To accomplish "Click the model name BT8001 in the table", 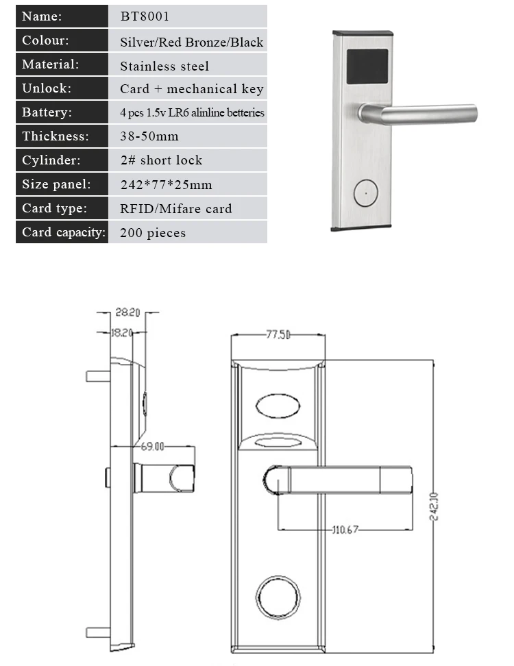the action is (x=145, y=16).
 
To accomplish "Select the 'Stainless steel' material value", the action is (x=164, y=66).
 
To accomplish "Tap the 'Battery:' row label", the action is (x=47, y=112).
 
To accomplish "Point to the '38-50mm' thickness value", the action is (x=149, y=136).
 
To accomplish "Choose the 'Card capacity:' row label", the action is (x=64, y=232).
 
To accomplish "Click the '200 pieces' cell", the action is (x=153, y=233).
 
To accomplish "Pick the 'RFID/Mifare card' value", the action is (x=176, y=208).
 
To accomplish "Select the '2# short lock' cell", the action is (x=162, y=160).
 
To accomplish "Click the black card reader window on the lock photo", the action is (x=367, y=66).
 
